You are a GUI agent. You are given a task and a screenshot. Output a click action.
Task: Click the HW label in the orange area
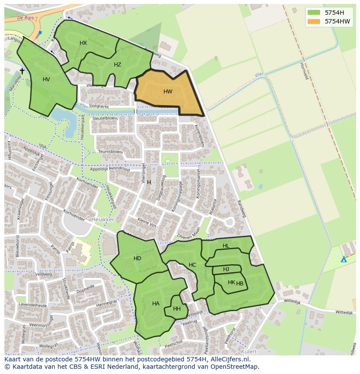pos(168,92)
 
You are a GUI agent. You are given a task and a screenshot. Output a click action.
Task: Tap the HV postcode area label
pos(46,79)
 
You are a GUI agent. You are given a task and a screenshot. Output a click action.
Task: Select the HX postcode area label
pos(83,43)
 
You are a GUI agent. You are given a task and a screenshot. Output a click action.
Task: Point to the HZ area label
pos(117,65)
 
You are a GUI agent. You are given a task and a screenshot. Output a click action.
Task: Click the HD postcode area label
pos(137,258)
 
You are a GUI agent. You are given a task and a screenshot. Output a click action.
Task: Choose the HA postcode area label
pos(156,304)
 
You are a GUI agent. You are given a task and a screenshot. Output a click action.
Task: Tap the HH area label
pos(177,309)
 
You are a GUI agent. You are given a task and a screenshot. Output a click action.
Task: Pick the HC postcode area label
pos(192,265)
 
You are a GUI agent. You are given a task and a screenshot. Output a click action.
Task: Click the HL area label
pos(226,246)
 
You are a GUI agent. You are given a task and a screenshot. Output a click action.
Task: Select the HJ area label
pos(226,269)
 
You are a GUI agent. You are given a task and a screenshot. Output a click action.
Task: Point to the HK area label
pos(231,282)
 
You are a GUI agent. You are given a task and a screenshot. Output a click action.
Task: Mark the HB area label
pos(240,284)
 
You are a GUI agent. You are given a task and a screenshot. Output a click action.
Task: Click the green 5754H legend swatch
pos(313,13)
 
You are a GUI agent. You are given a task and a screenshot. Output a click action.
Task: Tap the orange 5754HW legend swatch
pos(313,21)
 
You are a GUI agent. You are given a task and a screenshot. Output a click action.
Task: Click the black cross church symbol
pos(22,71)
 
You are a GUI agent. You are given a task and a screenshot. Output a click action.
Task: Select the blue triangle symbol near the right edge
pos(343,259)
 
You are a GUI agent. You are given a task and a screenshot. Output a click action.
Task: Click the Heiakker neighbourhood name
pos(103,220)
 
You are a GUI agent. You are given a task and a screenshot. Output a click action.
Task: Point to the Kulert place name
pos(249,351)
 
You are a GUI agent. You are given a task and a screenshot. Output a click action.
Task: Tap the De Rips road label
pos(26,18)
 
